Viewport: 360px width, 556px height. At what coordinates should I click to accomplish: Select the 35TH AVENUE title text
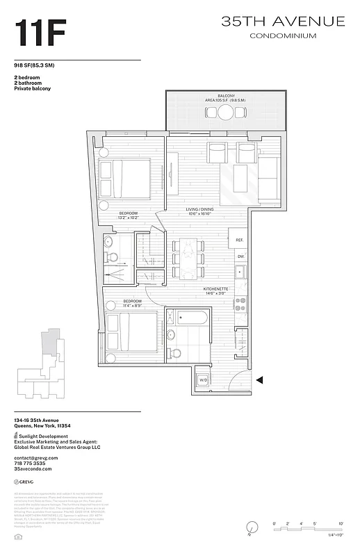283,22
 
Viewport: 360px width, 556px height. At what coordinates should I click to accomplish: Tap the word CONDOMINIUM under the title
283,35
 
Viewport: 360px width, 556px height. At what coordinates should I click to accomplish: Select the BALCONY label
226,95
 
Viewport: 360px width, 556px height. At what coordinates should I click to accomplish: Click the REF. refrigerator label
239,240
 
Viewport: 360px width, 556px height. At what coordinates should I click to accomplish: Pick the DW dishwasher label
240,256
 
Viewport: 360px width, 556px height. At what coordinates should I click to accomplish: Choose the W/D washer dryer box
204,380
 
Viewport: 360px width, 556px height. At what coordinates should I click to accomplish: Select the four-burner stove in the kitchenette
240,303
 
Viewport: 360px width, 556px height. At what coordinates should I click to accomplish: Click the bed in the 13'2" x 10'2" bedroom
125,180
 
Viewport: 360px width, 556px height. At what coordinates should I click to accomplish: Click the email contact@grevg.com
35,458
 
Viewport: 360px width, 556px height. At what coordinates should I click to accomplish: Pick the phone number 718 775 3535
31,464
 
